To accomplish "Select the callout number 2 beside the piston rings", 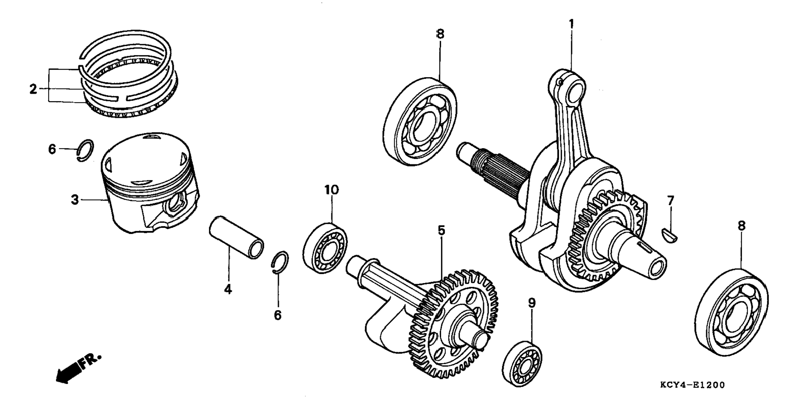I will [x=33, y=89].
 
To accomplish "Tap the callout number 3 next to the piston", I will [x=75, y=200].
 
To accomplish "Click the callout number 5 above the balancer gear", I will [x=442, y=230].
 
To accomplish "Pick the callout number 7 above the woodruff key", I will [x=670, y=200].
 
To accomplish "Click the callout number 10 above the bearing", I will [x=332, y=189].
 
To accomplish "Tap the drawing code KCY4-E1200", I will [x=692, y=385].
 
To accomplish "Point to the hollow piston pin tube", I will [x=236, y=237].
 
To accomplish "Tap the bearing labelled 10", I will [x=325, y=247].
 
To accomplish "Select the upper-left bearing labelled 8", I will [x=420, y=122].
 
